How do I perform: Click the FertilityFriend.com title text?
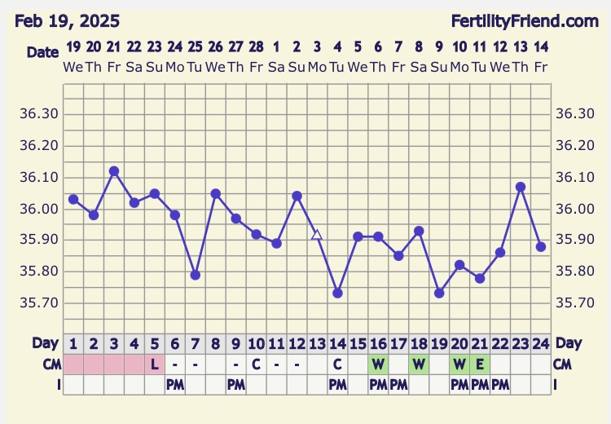(536, 20)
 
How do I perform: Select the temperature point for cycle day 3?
(114, 171)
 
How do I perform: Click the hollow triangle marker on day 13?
(317, 234)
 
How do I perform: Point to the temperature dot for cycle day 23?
(521, 187)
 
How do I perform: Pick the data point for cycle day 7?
(196, 275)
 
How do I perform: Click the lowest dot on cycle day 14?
(337, 293)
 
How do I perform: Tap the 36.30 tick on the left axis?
(39, 114)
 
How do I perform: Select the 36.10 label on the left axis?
(39, 177)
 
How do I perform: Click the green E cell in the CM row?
(480, 364)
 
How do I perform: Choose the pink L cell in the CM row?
(155, 364)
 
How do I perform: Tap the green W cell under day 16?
(378, 364)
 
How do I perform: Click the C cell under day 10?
(256, 364)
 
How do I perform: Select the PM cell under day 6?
(175, 383)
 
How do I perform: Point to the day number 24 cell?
(541, 343)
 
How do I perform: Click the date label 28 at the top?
(256, 46)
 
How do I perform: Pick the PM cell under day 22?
(500, 383)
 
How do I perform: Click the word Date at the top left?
(42, 52)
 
